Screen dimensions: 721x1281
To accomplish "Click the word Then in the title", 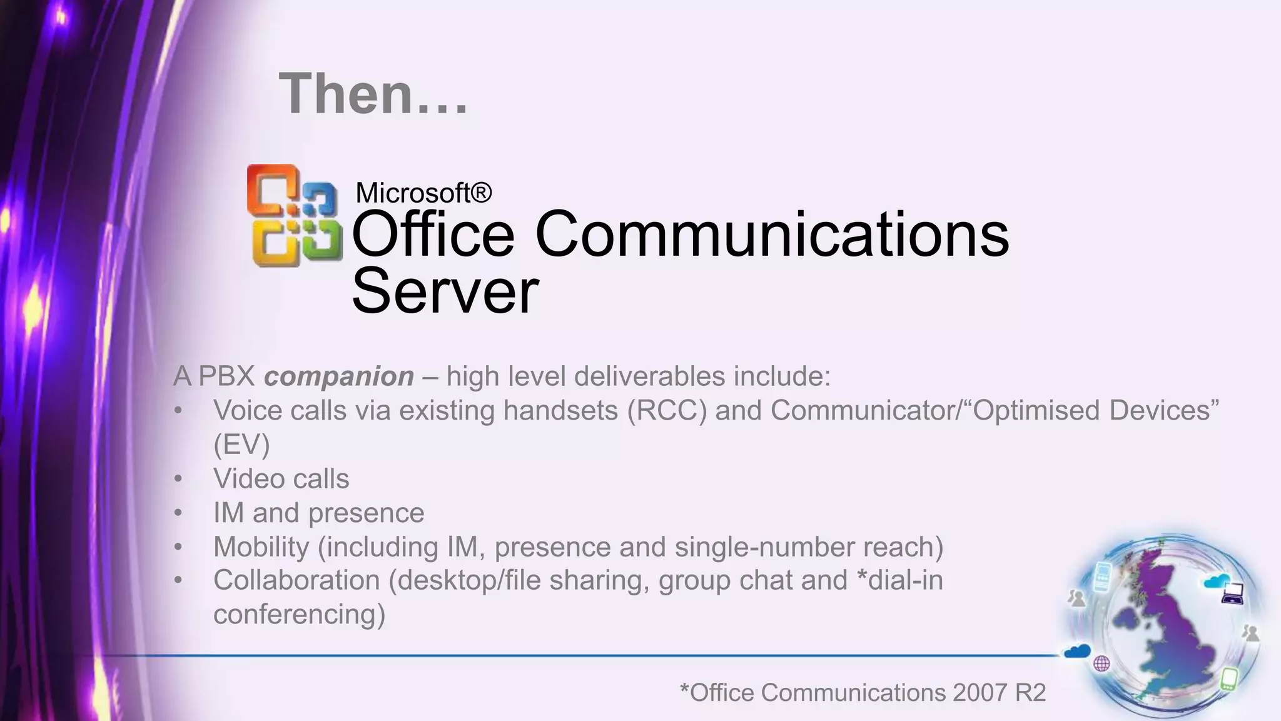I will [x=345, y=94].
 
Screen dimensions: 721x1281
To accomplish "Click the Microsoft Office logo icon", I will [x=294, y=216].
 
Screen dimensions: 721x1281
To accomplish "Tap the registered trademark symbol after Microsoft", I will [x=480, y=192].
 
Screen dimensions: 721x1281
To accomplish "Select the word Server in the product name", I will [x=445, y=291].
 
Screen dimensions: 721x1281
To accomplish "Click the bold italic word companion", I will [x=338, y=376].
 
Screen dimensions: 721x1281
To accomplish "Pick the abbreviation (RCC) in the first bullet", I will [x=667, y=411].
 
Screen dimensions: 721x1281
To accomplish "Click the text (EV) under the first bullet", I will [x=241, y=445].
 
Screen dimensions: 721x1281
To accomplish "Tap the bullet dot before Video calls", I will [x=178, y=479].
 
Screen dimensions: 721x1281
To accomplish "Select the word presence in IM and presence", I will [x=366, y=513].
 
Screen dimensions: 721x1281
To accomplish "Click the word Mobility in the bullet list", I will [x=261, y=547].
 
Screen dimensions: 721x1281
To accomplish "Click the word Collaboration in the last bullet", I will [x=296, y=580].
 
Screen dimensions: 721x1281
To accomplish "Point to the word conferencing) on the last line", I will [x=299, y=614].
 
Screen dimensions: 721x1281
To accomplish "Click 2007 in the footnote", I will [x=980, y=693].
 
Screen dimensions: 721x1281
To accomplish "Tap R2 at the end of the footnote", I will [x=1031, y=693].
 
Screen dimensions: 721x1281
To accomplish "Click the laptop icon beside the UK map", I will [x=1232, y=593].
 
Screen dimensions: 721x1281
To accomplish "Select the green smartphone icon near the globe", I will [x=1228, y=678].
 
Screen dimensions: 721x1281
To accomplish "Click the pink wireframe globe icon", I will [x=1101, y=663].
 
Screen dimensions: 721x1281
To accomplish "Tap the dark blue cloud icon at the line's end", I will [x=1077, y=651].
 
